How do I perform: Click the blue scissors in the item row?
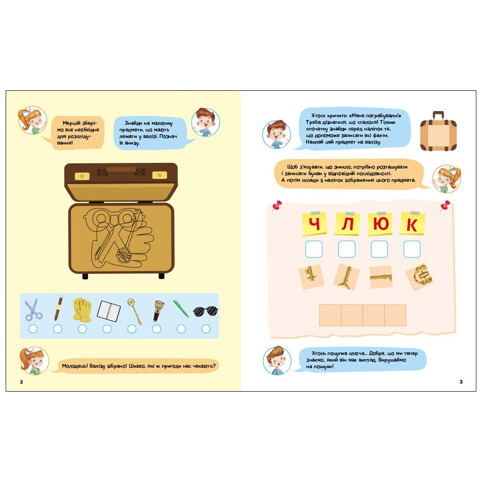tap(33, 310)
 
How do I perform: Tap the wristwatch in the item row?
tap(58, 308)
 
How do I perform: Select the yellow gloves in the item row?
tap(82, 310)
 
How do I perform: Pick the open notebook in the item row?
tap(109, 311)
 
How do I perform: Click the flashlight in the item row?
tap(159, 311)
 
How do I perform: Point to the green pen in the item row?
tap(181, 309)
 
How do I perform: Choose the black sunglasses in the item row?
tap(206, 311)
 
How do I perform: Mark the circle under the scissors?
tap(33, 329)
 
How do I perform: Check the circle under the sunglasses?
tap(206, 329)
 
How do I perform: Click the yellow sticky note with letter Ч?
tap(314, 224)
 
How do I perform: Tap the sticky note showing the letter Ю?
tap(380, 224)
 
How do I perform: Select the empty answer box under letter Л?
tap(347, 249)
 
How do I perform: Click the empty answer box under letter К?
tap(412, 249)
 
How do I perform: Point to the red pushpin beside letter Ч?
tap(277, 205)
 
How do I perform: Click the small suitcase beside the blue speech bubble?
tap(438, 131)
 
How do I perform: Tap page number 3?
tap(461, 382)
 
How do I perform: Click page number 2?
tap(21, 382)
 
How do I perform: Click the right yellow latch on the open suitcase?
tap(160, 175)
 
